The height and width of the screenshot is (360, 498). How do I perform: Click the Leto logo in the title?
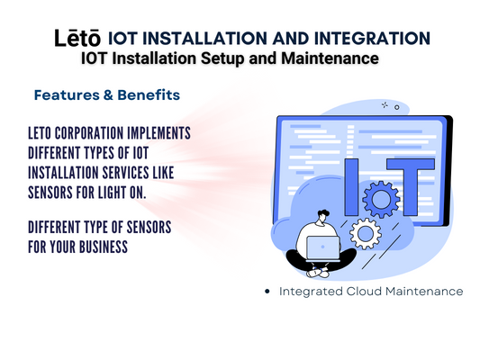tap(77, 38)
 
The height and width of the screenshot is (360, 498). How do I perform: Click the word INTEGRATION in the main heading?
tap(372, 38)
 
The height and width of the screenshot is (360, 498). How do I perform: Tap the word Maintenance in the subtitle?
tap(330, 58)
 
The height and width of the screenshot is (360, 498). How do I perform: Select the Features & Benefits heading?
tap(107, 94)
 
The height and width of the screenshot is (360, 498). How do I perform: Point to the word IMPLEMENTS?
tap(158, 133)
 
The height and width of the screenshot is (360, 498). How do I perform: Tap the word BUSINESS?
tap(104, 247)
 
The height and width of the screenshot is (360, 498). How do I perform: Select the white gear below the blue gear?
tap(366, 234)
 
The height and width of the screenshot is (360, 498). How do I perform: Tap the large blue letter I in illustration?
tap(351, 186)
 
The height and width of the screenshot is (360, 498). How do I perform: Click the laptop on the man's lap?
tap(322, 247)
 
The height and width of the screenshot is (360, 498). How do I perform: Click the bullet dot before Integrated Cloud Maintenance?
tap(267, 291)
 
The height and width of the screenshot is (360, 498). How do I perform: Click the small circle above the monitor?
tap(396, 108)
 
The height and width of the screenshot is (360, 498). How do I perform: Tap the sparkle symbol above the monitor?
tap(385, 104)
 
